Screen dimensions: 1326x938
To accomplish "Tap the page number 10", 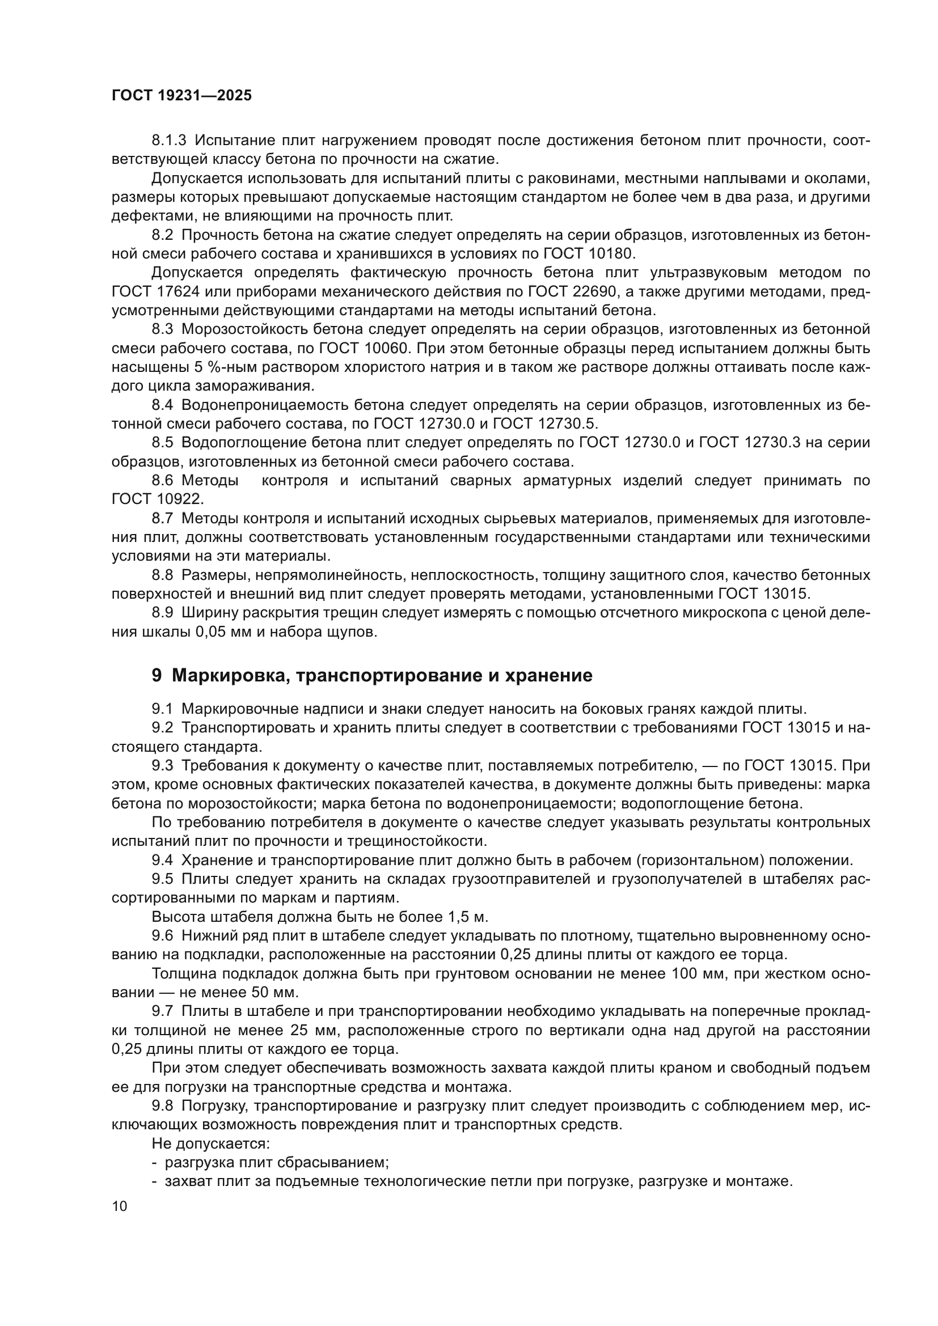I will click(120, 1206).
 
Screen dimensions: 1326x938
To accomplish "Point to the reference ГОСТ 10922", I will click(158, 499).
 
